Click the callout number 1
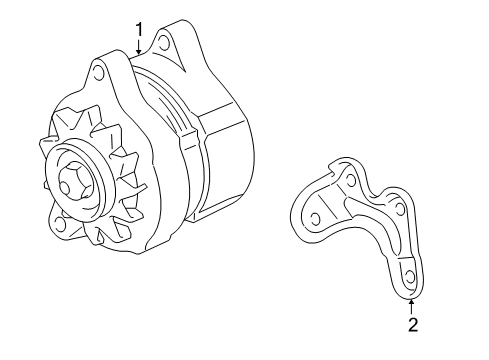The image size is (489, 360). [x=139, y=29]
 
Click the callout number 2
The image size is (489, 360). [x=411, y=322]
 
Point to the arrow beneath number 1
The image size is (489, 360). [x=139, y=46]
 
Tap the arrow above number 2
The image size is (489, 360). [x=411, y=303]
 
